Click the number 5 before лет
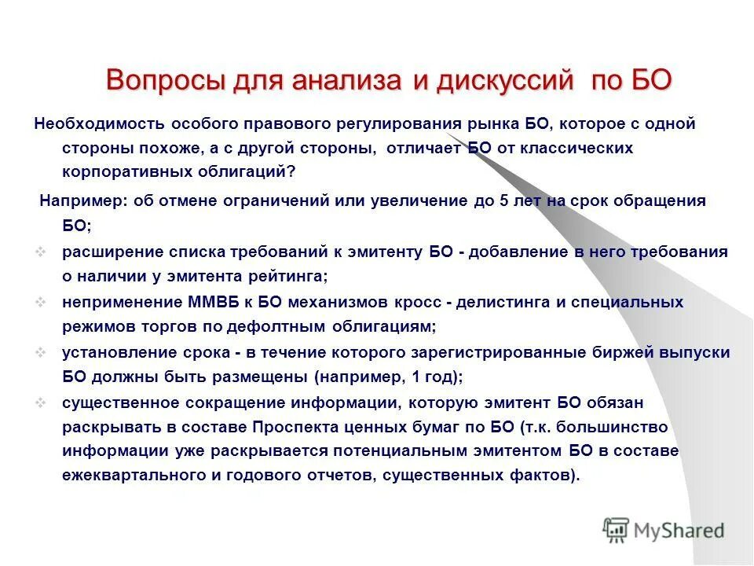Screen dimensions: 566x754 point(503,200)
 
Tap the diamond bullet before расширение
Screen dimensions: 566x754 point(43,252)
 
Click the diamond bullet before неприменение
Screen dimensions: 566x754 point(43,303)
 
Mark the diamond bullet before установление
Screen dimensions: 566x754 point(43,353)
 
